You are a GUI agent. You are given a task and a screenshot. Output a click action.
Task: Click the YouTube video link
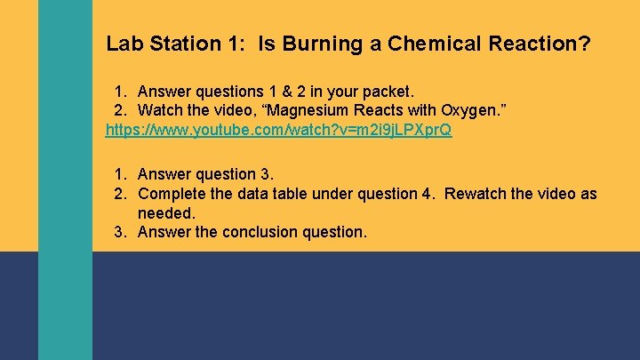coord(278,130)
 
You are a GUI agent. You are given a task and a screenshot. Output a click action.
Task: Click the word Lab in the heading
coord(123,44)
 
